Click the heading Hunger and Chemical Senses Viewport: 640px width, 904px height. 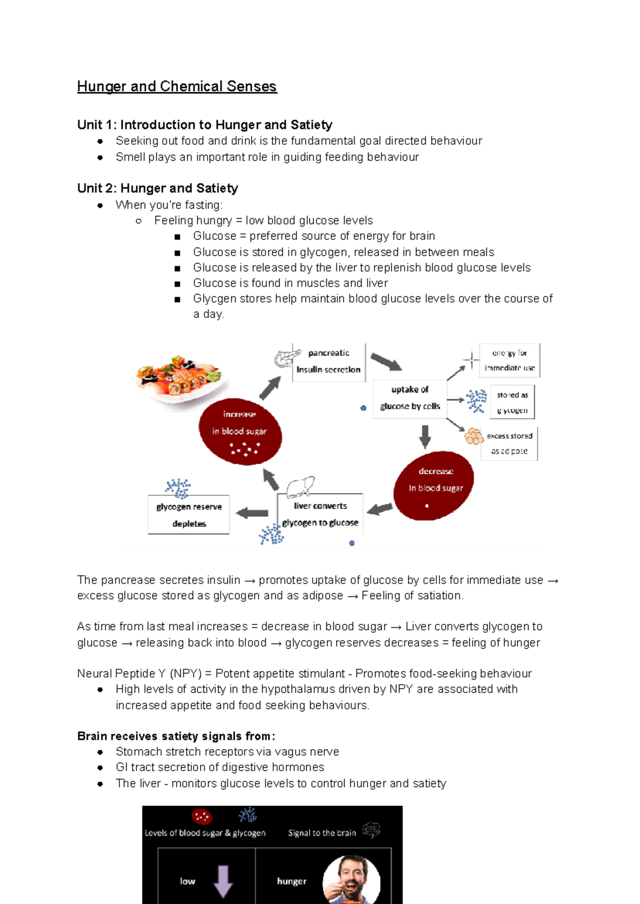(177, 86)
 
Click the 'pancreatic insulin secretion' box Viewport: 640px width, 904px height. (329, 362)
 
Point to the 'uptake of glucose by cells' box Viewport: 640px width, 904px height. (410, 398)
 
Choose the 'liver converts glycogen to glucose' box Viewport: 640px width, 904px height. (320, 514)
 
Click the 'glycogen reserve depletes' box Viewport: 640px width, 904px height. (189, 515)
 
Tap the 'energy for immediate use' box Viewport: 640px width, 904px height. (509, 360)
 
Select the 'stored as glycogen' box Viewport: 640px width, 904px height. (512, 402)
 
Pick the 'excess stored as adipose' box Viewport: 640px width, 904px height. (509, 443)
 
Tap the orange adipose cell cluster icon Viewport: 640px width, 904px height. (474, 437)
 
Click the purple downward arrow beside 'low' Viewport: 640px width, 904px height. (223, 881)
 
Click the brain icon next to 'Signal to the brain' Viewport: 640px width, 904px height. (371, 830)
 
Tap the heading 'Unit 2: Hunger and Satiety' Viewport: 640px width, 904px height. (157, 188)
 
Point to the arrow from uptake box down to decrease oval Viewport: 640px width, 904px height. (425, 437)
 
